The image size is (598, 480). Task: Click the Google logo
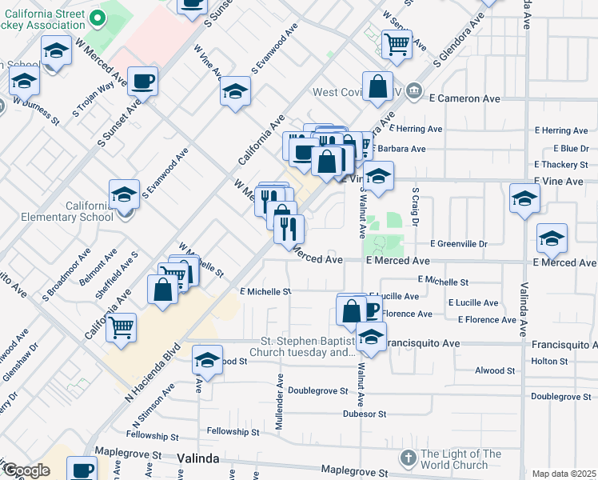26,470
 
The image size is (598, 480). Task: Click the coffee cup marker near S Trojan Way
143,81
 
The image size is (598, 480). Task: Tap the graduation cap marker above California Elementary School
125,194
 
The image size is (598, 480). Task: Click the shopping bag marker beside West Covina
377,87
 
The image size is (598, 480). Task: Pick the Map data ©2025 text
564,474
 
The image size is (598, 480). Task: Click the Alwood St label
495,370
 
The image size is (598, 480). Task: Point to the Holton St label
548,361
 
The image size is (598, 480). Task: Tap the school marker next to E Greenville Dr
552,238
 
